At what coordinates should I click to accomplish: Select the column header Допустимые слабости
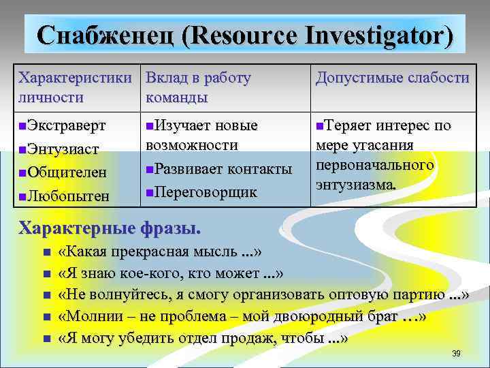click(392, 78)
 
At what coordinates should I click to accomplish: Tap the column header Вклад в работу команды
click(198, 87)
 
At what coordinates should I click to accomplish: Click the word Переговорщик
click(207, 192)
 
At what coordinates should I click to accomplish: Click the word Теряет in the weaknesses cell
click(346, 126)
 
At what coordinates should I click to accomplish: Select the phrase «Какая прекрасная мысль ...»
click(161, 252)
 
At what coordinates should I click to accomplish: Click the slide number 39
click(457, 354)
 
